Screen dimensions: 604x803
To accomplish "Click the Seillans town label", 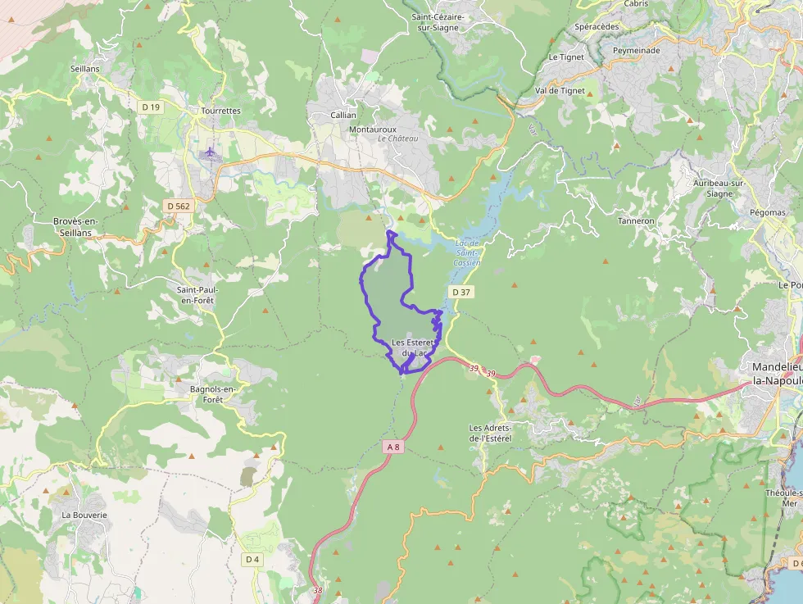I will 85,69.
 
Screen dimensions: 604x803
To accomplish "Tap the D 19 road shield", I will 150,107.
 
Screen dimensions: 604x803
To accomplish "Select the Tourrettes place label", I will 220,111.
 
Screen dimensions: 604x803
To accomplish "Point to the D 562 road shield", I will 177,207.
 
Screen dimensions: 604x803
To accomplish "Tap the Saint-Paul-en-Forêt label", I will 197,295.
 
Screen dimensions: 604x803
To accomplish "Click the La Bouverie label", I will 84,515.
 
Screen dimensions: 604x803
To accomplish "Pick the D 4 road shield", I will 252,559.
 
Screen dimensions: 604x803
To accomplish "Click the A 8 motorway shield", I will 394,447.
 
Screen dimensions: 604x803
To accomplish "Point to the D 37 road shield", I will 461,293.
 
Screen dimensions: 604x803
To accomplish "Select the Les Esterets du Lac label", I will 411,347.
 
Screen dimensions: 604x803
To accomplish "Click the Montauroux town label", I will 373,129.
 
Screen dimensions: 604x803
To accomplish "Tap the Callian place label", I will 343,116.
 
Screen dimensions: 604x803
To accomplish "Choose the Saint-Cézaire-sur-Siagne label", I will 438,21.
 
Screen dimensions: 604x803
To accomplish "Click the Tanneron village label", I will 636,221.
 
